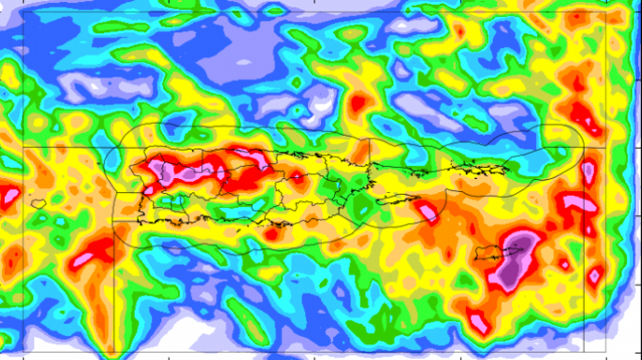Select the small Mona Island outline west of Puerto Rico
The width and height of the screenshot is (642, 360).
pyautogui.click(x=38, y=203)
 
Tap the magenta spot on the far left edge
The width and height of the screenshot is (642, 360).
pyautogui.click(x=9, y=195)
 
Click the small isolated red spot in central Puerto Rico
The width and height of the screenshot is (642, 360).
pyautogui.click(x=297, y=175)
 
